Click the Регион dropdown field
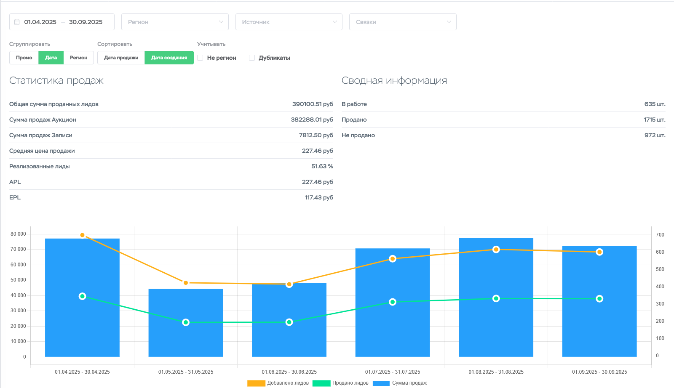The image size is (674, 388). click(x=175, y=22)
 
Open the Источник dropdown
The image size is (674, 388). click(x=289, y=22)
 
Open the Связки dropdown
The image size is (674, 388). click(x=402, y=22)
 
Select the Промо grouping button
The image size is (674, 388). click(x=24, y=58)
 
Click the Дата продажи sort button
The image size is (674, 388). click(x=121, y=58)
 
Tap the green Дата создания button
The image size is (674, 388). click(x=169, y=58)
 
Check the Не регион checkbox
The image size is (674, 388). click(x=201, y=58)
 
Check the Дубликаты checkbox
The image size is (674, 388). click(x=252, y=58)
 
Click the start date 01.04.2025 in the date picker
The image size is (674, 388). click(x=40, y=22)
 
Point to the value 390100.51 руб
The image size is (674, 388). click(x=313, y=104)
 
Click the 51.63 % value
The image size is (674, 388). click(x=322, y=166)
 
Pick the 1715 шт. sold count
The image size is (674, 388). click(x=654, y=120)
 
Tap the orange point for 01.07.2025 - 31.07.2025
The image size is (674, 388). click(x=393, y=259)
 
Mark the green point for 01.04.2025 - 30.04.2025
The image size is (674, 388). click(x=83, y=296)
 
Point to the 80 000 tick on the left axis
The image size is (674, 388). click(x=18, y=234)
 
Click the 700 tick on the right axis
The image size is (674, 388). click(x=660, y=235)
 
